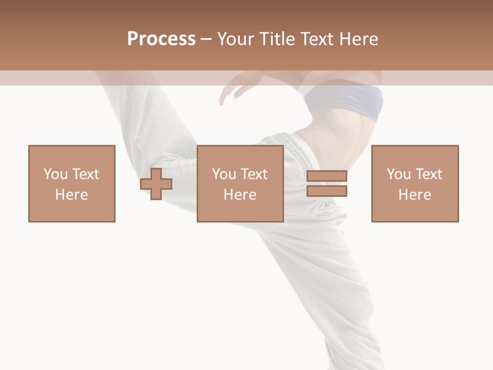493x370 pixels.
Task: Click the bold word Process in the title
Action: (x=161, y=39)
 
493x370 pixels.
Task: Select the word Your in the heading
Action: (x=235, y=39)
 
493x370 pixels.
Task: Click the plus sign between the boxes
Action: (x=156, y=184)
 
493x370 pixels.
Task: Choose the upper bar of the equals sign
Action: (x=327, y=176)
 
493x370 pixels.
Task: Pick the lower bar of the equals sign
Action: (x=327, y=191)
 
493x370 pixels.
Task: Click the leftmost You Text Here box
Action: (x=72, y=183)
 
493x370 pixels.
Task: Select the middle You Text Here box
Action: (x=240, y=183)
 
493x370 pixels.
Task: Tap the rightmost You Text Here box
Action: (x=415, y=183)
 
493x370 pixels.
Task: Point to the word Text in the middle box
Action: (x=254, y=174)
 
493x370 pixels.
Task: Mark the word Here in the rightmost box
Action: (x=415, y=194)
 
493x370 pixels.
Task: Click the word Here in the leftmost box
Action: (x=72, y=194)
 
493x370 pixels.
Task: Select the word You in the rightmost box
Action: (x=399, y=174)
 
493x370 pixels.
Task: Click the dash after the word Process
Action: (x=206, y=39)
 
